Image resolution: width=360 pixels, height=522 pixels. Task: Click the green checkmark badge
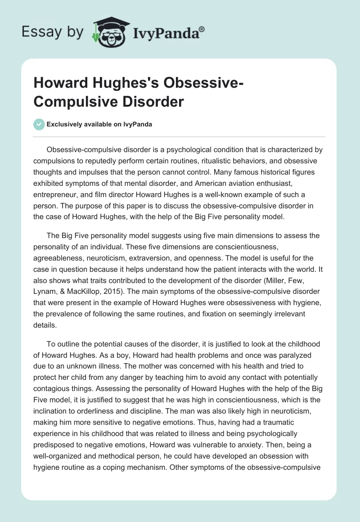coord(39,124)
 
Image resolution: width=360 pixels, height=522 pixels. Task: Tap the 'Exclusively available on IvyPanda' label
coord(99,124)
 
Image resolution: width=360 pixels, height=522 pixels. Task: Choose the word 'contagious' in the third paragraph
coord(51,376)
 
